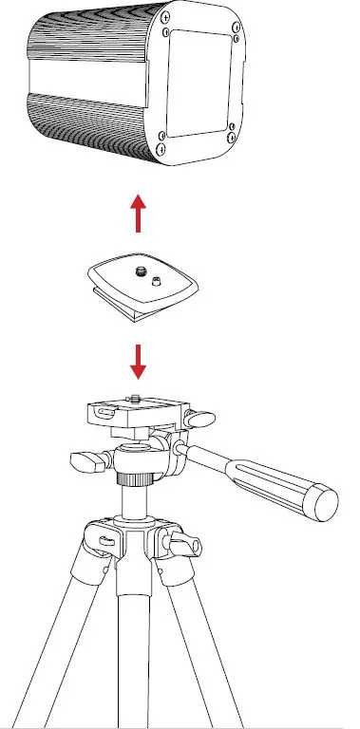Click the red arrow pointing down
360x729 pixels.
(x=140, y=360)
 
